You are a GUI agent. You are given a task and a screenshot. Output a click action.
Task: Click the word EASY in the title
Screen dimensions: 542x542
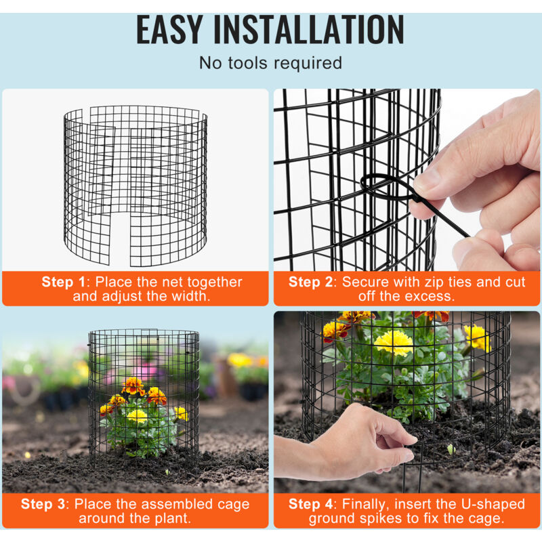pyautogui.click(x=169, y=30)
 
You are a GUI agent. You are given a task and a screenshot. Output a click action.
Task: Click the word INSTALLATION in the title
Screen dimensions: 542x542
pyautogui.click(x=309, y=30)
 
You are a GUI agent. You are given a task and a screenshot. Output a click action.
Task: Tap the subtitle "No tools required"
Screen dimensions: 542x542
pyautogui.click(x=270, y=63)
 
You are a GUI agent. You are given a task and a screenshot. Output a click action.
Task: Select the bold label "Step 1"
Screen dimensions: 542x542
pyautogui.click(x=63, y=282)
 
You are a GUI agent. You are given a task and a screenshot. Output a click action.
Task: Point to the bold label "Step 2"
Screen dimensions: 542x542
pyautogui.click(x=310, y=282)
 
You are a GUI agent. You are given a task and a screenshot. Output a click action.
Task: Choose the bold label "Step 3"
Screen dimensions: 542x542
pyautogui.click(x=43, y=504)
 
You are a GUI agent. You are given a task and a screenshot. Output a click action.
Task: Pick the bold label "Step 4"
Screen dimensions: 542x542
pyautogui.click(x=310, y=504)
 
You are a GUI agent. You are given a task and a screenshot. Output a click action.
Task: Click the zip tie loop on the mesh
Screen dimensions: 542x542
pyautogui.click(x=387, y=188)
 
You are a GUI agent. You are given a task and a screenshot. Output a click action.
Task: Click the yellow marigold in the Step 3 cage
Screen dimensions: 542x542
pyautogui.click(x=138, y=416)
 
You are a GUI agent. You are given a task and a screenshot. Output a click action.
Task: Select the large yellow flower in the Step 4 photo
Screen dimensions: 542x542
pyautogui.click(x=394, y=343)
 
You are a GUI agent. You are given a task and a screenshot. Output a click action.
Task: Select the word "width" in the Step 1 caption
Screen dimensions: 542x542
pyautogui.click(x=190, y=296)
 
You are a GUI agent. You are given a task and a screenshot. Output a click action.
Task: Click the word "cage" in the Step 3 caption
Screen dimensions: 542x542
pyautogui.click(x=233, y=505)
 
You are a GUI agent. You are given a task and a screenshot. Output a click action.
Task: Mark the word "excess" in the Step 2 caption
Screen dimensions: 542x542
pyautogui.click(x=430, y=297)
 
